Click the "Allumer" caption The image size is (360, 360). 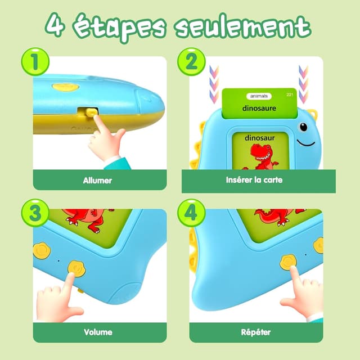tap(97, 181)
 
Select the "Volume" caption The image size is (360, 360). tap(97, 332)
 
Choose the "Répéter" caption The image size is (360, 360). tap(254, 332)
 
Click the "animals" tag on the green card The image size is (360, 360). tap(259, 96)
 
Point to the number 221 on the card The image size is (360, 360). tap(290, 94)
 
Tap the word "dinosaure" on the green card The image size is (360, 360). tap(259, 107)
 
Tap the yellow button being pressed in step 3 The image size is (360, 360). tap(75, 268)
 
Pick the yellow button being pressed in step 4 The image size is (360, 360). tap(288, 262)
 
